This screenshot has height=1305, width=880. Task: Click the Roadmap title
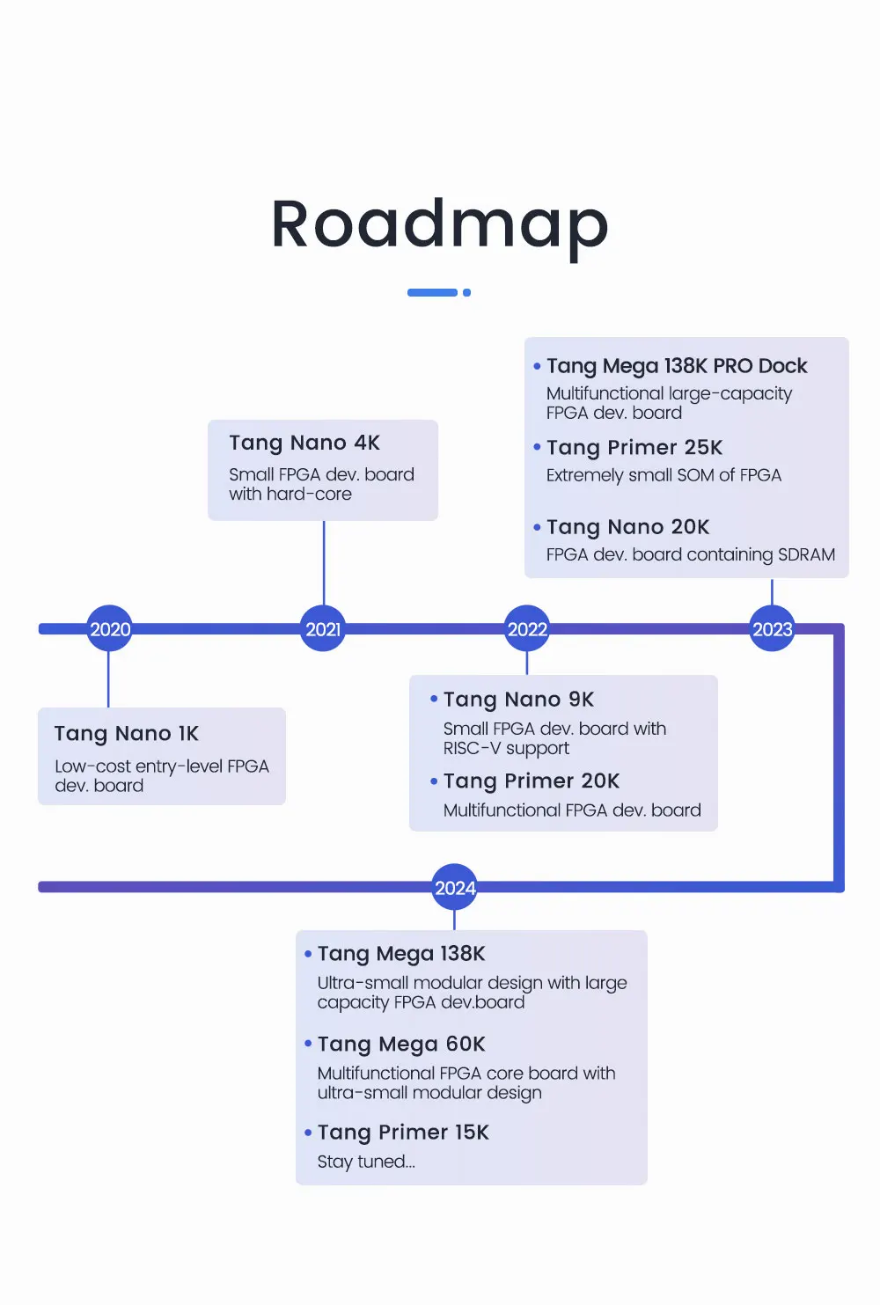tap(440, 226)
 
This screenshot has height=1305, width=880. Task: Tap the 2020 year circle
tap(109, 628)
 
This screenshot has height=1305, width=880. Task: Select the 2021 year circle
tap(323, 628)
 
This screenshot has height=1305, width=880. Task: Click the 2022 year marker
tap(527, 628)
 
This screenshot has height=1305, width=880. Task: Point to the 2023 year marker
tap(772, 628)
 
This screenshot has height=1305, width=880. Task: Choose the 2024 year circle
tap(455, 887)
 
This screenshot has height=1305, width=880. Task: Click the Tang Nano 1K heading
tap(127, 734)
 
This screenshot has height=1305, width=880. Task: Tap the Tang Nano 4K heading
tap(304, 444)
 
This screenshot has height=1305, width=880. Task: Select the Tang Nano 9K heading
tap(518, 700)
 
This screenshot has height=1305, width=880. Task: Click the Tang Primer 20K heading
tap(531, 781)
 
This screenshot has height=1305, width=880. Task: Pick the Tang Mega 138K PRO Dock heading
tap(677, 366)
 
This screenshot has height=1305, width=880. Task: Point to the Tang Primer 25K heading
tap(634, 447)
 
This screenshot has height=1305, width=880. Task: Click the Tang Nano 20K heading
tap(627, 527)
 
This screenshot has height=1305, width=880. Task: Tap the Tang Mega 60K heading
tap(401, 1045)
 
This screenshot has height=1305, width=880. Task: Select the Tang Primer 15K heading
tap(403, 1133)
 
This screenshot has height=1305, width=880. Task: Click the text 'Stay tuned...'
tap(366, 1162)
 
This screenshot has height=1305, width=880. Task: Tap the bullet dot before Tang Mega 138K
tap(308, 954)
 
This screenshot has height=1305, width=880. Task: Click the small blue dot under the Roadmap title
tap(466, 292)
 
